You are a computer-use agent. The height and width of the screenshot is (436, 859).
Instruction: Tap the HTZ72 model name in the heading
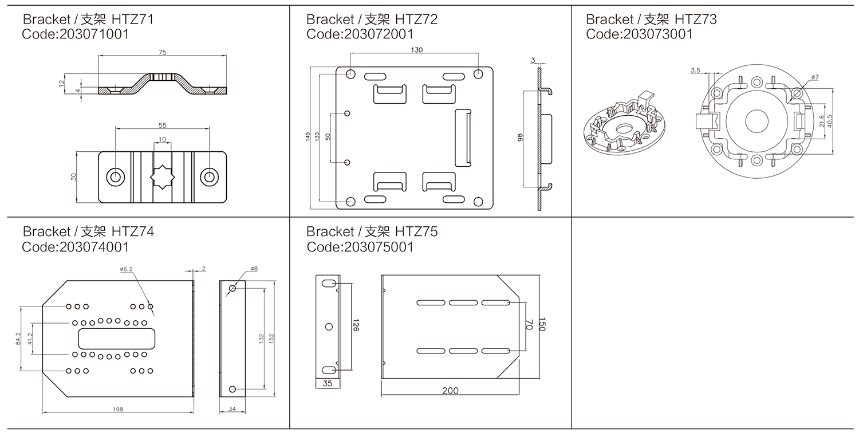point(417,19)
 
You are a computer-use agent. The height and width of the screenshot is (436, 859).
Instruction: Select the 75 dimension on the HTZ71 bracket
point(163,52)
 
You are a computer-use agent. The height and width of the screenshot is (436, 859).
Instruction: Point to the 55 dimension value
point(163,125)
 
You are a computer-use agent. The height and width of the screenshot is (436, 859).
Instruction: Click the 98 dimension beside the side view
point(520,138)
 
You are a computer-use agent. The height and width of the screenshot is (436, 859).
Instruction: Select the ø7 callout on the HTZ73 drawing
point(815,76)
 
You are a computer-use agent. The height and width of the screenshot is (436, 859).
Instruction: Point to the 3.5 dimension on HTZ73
point(695,70)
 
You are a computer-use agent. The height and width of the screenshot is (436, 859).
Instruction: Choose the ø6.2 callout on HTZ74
point(127,269)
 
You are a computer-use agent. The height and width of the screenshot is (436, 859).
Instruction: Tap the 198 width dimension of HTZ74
point(119,409)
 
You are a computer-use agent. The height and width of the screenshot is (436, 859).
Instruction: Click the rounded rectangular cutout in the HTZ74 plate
point(117,337)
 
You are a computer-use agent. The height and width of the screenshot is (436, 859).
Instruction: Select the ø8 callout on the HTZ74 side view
point(254,268)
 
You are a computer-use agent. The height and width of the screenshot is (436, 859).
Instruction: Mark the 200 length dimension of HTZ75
point(450,391)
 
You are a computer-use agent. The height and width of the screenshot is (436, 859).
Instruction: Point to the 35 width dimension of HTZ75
point(327,384)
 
